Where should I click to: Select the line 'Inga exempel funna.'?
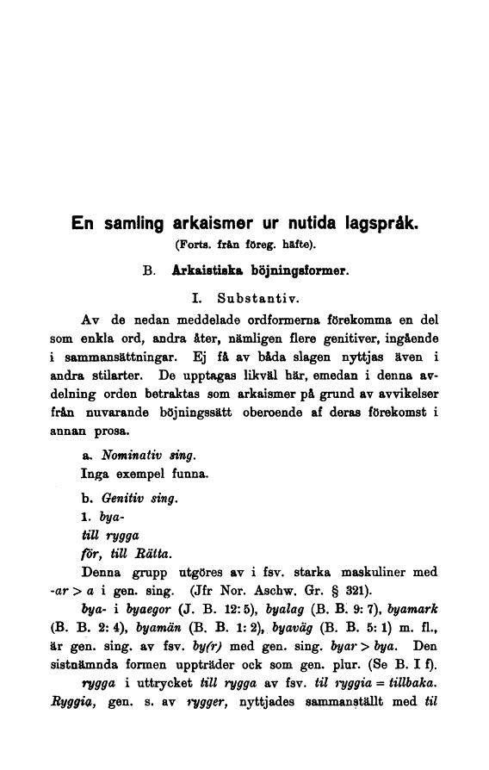144,474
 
